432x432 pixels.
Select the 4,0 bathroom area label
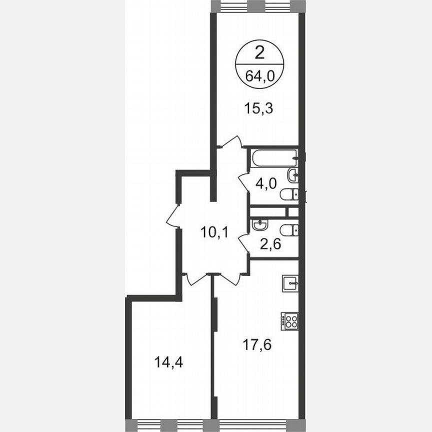tap(266, 183)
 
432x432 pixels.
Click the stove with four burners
tap(290, 321)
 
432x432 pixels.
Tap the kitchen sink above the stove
tap(290, 283)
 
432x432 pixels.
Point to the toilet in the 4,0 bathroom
tap(289, 194)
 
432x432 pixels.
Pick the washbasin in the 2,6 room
tap(260, 226)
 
